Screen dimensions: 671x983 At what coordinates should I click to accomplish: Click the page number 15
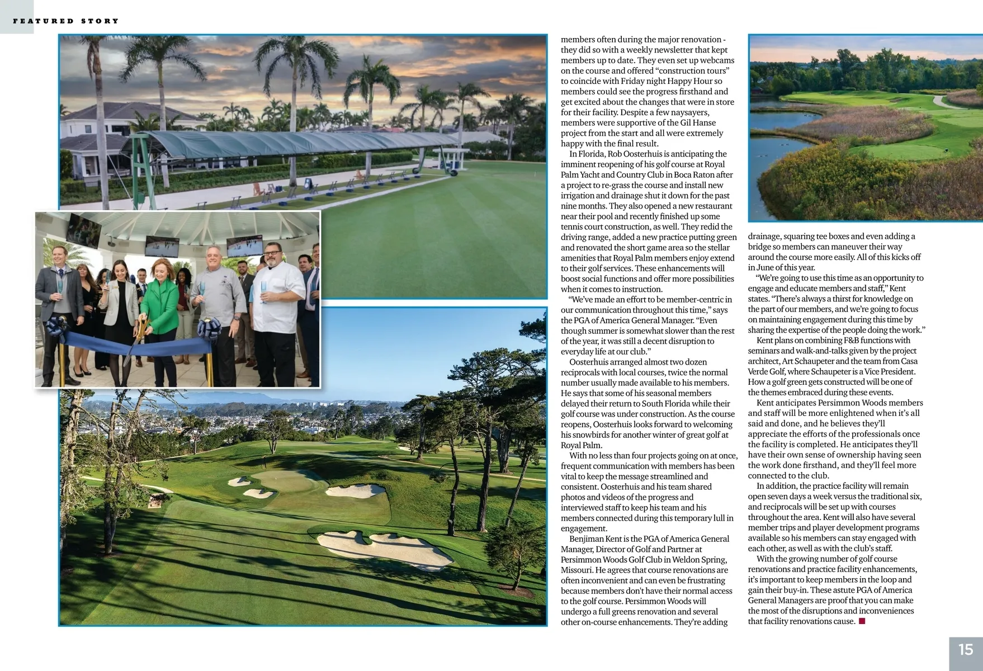pyautogui.click(x=966, y=649)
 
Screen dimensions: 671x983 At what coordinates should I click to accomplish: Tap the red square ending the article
pyautogui.click(x=862, y=621)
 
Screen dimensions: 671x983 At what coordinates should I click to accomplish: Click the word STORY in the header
pyautogui.click(x=100, y=21)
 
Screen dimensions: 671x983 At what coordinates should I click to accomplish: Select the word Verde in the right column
pyautogui.click(x=760, y=372)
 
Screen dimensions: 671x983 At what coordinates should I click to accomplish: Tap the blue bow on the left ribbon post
pyautogui.click(x=57, y=325)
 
